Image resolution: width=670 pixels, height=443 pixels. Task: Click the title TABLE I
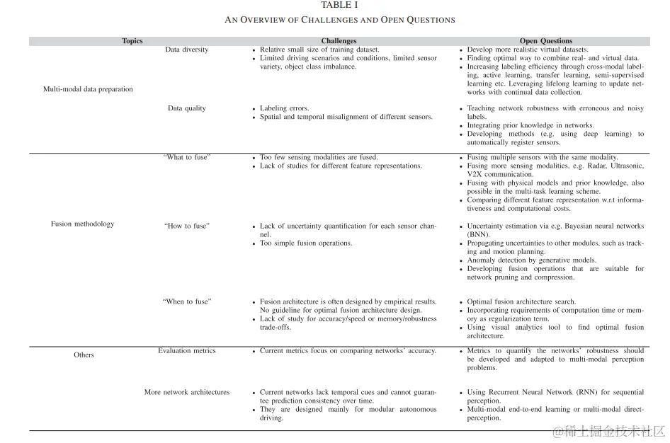tap(339, 6)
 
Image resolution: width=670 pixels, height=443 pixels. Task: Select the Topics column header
tap(132, 41)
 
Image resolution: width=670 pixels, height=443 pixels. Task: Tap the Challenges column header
tap(339, 41)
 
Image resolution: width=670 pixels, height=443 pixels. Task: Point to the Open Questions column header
tap(545, 41)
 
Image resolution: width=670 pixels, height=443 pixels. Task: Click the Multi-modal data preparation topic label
tap(88, 89)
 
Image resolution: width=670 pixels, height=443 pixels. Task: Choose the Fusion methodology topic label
tap(82, 224)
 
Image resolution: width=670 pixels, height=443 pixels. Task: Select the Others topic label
tap(84, 355)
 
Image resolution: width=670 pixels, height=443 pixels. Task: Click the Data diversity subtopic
tap(187, 50)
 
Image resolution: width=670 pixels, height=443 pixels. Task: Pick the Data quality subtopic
tap(187, 108)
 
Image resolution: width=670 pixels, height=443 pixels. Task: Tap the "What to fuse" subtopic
tap(187, 157)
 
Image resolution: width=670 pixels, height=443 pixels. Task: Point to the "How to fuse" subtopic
tap(187, 226)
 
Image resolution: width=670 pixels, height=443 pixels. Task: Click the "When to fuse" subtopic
tap(187, 301)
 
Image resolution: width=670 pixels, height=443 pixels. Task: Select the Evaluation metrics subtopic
tap(187, 350)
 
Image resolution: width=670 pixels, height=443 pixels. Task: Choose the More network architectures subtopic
tap(187, 392)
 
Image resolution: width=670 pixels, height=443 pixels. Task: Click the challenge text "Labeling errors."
tap(285, 108)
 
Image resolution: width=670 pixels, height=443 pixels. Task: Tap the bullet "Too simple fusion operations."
tap(306, 243)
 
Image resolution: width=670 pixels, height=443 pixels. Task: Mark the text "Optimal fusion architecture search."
tap(522, 302)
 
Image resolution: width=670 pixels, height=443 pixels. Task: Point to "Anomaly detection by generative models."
tap(532, 260)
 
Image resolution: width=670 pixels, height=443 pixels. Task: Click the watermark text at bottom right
tap(609, 431)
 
